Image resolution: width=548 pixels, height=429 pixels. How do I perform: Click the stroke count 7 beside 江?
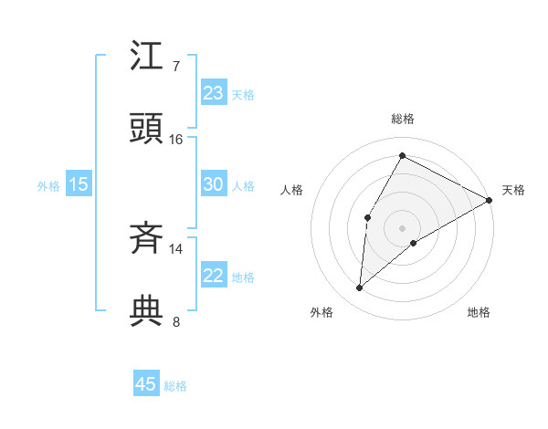[175, 67]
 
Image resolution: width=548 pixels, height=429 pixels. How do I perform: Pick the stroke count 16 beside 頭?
[176, 139]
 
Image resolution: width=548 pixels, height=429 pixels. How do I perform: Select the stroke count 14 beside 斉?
[176, 249]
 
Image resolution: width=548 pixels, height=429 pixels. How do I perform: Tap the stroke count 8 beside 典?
[175, 320]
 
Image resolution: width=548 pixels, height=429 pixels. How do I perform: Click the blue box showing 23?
[214, 93]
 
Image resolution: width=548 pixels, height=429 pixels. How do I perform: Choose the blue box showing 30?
[214, 184]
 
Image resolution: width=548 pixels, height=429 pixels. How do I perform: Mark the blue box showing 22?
[214, 276]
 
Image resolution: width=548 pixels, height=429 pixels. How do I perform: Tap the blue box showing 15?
[79, 184]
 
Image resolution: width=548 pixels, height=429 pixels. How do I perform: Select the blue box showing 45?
[146, 384]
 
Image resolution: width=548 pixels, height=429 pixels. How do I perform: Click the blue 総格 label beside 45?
[175, 386]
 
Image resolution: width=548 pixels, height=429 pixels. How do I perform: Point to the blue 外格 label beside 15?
[48, 186]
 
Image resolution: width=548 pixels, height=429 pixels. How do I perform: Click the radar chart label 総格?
[402, 119]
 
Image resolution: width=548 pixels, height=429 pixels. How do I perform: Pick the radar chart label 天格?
[513, 190]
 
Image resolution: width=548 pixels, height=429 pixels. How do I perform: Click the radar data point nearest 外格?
[360, 288]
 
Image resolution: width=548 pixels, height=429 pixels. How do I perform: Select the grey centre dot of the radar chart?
[402, 227]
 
